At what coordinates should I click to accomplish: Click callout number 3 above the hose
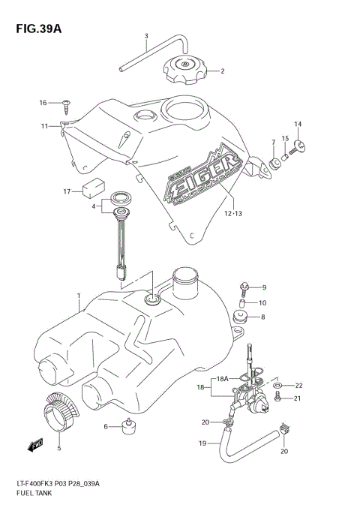pyautogui.click(x=146, y=37)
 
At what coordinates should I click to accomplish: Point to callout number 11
pyautogui.click(x=45, y=125)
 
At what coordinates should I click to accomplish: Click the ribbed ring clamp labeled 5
pyautogui.click(x=58, y=412)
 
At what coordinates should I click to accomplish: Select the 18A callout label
pyautogui.click(x=223, y=380)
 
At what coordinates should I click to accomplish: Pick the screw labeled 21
pyautogui.click(x=277, y=398)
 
